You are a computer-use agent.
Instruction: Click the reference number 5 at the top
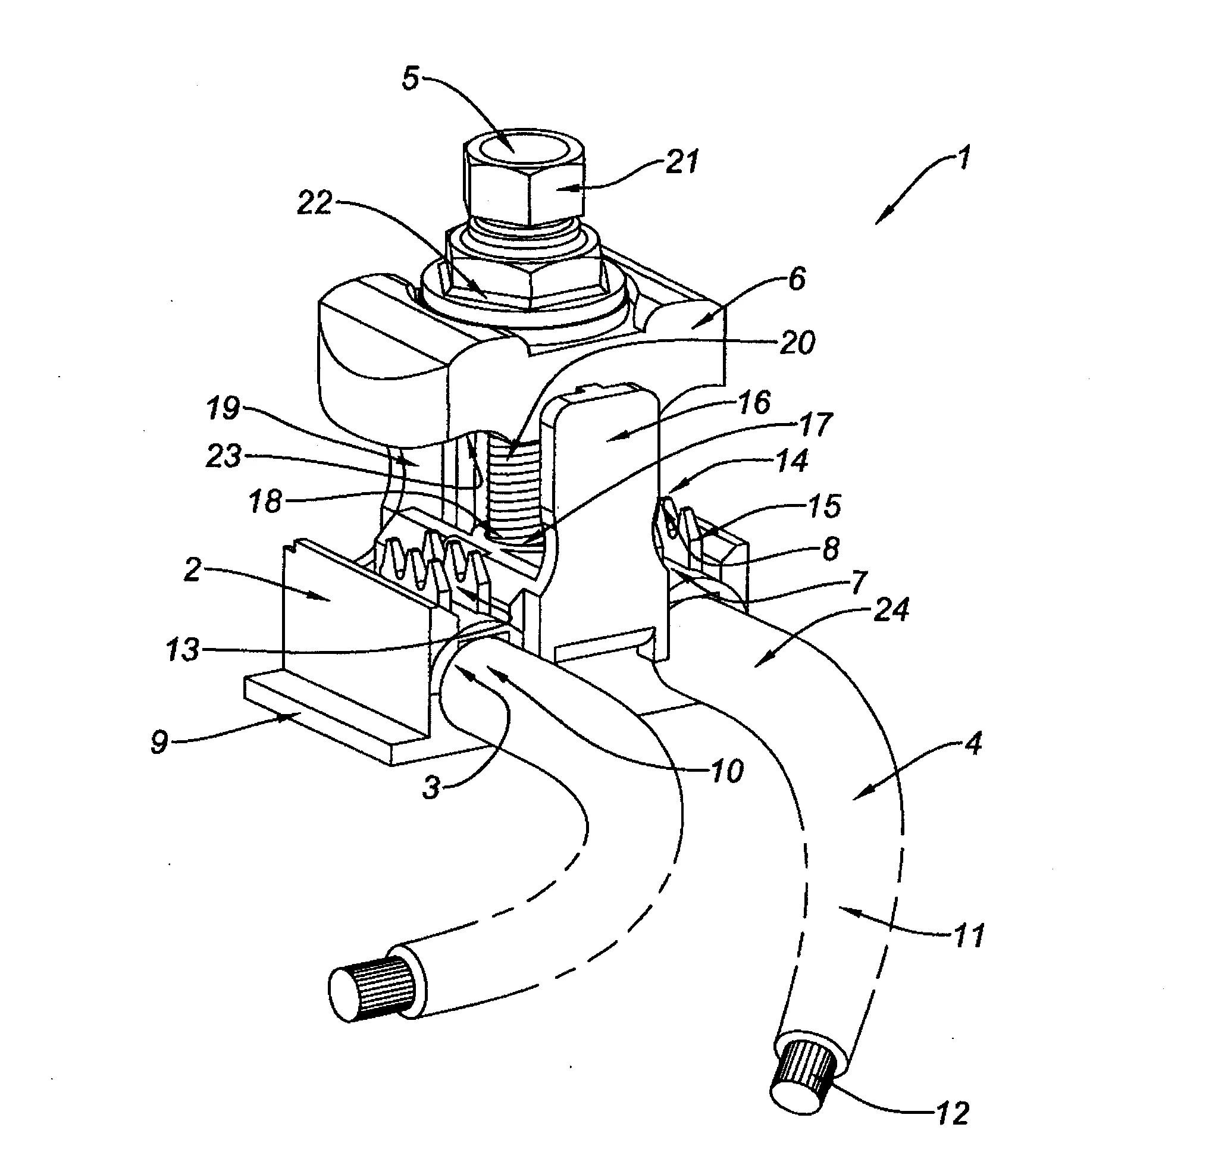click(x=411, y=79)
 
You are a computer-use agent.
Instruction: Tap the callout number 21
click(x=682, y=162)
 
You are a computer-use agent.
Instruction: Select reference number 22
click(x=314, y=203)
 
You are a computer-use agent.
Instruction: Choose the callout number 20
click(x=797, y=343)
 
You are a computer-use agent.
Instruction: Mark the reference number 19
click(x=223, y=409)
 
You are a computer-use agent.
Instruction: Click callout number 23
click(x=224, y=457)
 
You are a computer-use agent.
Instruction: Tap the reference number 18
click(x=265, y=502)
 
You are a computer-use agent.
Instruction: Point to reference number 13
click(x=183, y=650)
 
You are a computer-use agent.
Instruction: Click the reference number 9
click(x=159, y=743)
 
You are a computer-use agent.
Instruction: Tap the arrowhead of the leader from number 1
click(x=878, y=223)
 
